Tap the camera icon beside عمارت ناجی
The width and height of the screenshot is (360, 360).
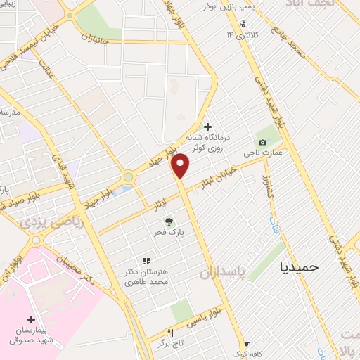tap(262, 142)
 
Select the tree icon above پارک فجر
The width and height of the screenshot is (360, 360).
tap(167, 221)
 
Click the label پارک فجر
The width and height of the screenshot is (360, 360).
tap(167, 233)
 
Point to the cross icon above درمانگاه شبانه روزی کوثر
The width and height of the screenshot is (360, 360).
tap(207, 126)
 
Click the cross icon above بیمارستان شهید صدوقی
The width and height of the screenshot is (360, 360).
tap(31, 319)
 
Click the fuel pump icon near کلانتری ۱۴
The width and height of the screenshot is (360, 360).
tap(243, 23)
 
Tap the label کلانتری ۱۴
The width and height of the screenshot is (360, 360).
tap(243, 34)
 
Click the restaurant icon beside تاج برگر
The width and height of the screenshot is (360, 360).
tap(169, 333)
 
